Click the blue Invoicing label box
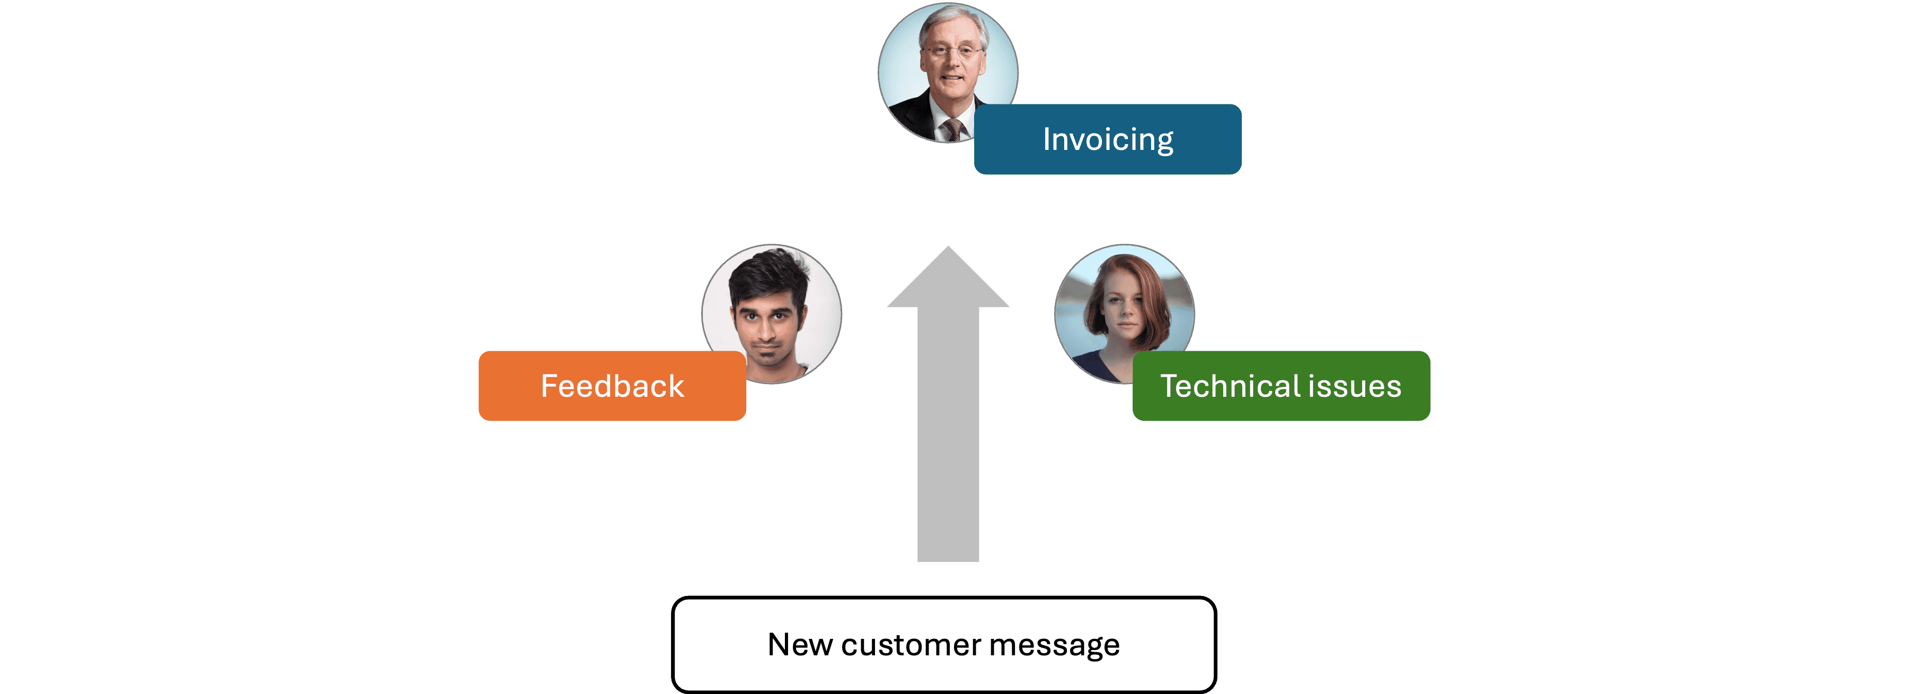tap(1107, 139)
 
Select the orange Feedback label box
tap(612, 386)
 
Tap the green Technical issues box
tap(1280, 386)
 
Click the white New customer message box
tap(943, 644)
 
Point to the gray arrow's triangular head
tap(948, 281)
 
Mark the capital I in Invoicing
tap(1046, 139)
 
